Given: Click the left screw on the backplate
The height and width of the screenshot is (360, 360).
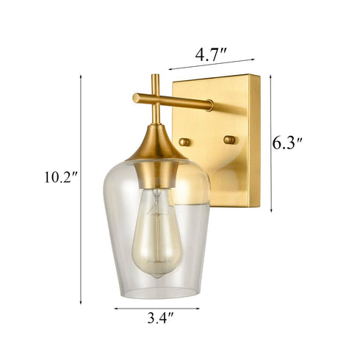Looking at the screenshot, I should pos(184,141).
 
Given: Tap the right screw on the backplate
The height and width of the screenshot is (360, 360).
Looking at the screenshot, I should pos(229,139).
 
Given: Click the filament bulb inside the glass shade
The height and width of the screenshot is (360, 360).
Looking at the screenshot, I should pos(156,234).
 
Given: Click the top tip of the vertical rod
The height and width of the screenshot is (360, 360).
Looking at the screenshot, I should pos(155,76).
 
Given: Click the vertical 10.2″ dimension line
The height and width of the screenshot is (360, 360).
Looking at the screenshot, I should pos(81,191).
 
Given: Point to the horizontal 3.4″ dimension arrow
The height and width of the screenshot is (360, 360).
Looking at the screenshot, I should pos(156,309).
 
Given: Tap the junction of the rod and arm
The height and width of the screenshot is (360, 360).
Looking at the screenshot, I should pos(155,98).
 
